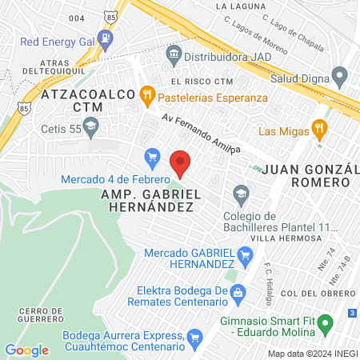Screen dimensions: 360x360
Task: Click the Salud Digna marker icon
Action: click(338, 78)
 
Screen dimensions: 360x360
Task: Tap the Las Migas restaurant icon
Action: click(319, 128)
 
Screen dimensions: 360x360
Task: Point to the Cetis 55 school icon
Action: click(90, 126)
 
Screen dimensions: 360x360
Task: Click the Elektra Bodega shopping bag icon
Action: click(238, 295)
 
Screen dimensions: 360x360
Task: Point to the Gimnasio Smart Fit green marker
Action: click(325, 325)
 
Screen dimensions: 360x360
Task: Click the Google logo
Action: click(26, 350)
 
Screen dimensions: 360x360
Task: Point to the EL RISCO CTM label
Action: click(201, 82)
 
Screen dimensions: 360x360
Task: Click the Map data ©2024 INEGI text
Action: click(311, 353)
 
